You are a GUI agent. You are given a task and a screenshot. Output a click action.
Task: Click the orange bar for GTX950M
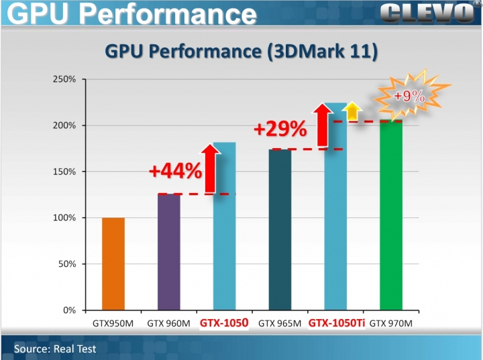pyautogui.click(x=113, y=264)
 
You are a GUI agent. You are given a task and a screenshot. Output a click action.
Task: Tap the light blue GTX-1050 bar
pyautogui.click(x=225, y=228)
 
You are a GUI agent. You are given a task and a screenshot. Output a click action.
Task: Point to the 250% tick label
pyautogui.click(x=64, y=80)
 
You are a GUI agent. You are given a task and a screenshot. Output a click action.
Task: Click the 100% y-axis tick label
pyautogui.click(x=64, y=218)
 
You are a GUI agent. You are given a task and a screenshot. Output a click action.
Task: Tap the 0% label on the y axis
pyautogui.click(x=69, y=310)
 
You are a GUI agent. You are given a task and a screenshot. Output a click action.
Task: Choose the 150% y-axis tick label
pyautogui.click(x=64, y=172)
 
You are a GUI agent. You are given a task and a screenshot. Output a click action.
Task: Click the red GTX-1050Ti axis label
pyautogui.click(x=336, y=323)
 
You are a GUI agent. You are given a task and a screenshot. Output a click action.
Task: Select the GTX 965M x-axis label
pyautogui.click(x=279, y=324)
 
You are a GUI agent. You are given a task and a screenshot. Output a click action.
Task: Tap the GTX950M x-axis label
pyautogui.click(x=113, y=324)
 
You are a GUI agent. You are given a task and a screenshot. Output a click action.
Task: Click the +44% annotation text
pyautogui.click(x=175, y=170)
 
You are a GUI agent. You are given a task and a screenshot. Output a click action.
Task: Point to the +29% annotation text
pyautogui.click(x=280, y=128)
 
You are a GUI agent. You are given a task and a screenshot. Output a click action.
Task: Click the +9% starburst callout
pyautogui.click(x=408, y=96)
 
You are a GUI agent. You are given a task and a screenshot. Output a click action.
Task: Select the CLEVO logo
pyautogui.click(x=425, y=12)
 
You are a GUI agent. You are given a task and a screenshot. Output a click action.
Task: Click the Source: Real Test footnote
pyautogui.click(x=55, y=349)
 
